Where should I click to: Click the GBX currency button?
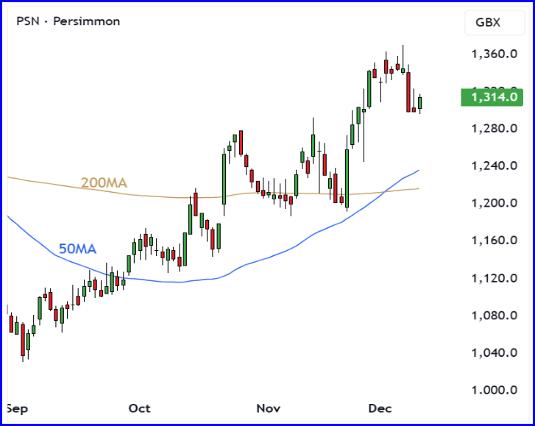pos(488,22)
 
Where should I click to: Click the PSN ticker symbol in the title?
pos(28,21)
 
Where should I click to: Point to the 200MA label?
pos(104,182)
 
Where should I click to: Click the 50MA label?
pos(77,249)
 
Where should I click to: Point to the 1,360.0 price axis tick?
pos(491,54)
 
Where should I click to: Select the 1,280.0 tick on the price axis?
pos(491,129)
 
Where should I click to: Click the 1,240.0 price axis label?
pos(491,166)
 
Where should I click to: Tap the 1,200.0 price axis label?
pos(491,203)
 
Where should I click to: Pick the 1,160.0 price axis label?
pos(491,241)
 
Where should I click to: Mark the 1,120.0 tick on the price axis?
pos(491,278)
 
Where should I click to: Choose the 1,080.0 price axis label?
pos(491,316)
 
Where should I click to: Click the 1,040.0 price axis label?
pos(491,353)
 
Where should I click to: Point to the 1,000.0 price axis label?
pos(491,391)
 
